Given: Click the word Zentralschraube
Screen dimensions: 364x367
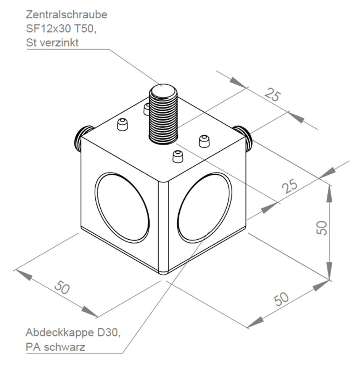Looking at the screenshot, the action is (x=67, y=15).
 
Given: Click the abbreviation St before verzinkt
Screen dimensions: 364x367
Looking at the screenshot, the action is (x=31, y=42).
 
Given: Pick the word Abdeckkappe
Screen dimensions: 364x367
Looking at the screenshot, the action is (x=60, y=333).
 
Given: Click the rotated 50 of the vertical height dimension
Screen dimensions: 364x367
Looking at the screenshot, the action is (x=322, y=228).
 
